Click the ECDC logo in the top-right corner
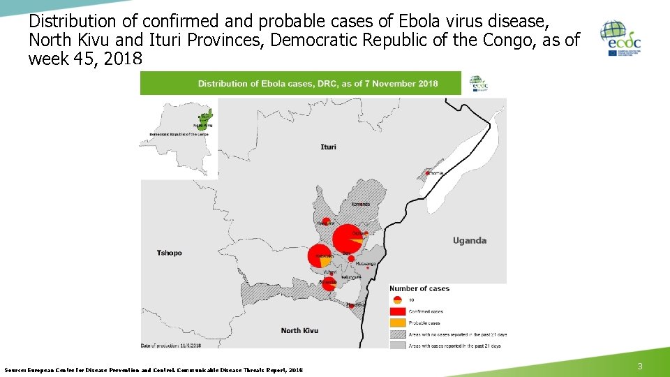click(x=620, y=39)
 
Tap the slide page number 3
click(x=641, y=367)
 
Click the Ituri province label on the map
click(x=328, y=147)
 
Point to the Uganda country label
click(x=469, y=240)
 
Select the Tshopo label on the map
click(x=169, y=253)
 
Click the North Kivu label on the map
click(x=299, y=330)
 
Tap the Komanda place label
click(x=361, y=204)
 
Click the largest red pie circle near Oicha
click(x=346, y=239)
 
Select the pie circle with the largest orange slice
click(x=320, y=256)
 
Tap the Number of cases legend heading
click(x=419, y=288)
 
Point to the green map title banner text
click(x=318, y=84)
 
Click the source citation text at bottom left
click(x=154, y=369)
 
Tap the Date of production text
click(x=171, y=346)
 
